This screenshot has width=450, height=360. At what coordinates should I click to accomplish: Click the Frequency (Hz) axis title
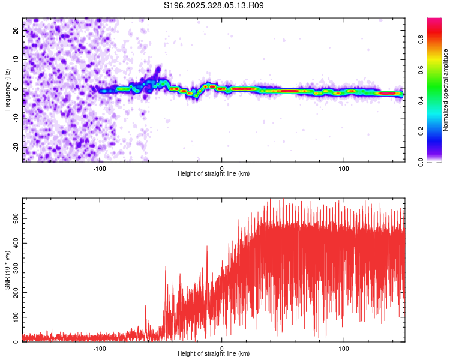tap(7, 89)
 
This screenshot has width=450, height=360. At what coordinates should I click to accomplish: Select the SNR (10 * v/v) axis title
tap(7, 271)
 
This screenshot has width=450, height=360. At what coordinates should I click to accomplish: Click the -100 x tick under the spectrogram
tap(100, 167)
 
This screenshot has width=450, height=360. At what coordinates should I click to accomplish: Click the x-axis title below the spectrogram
tap(214, 174)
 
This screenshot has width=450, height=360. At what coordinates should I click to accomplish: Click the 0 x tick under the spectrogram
tap(222, 167)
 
